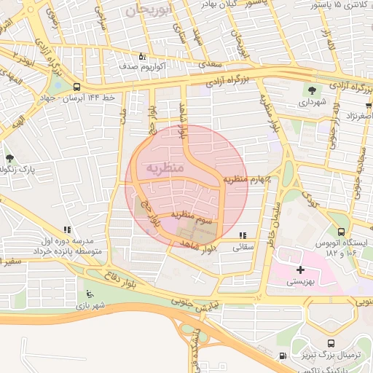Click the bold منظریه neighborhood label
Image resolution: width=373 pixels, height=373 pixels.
coord(165,168)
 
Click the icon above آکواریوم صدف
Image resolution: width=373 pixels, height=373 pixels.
coord(142,56)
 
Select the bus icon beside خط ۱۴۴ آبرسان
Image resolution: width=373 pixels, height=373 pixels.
coord(76,85)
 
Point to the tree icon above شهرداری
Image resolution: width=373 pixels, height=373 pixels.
coord(313,90)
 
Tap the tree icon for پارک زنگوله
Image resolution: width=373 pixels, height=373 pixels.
coord(9,157)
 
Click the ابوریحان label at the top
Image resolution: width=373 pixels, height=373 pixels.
coord(150,10)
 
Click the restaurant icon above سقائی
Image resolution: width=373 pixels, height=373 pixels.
coord(243,235)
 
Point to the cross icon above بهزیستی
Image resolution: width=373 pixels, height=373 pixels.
coord(301,270)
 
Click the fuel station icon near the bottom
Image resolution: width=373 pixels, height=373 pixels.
coord(283,356)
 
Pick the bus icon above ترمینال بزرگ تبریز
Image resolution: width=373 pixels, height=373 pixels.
coord(331,343)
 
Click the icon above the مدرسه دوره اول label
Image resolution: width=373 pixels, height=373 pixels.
coord(67,229)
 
